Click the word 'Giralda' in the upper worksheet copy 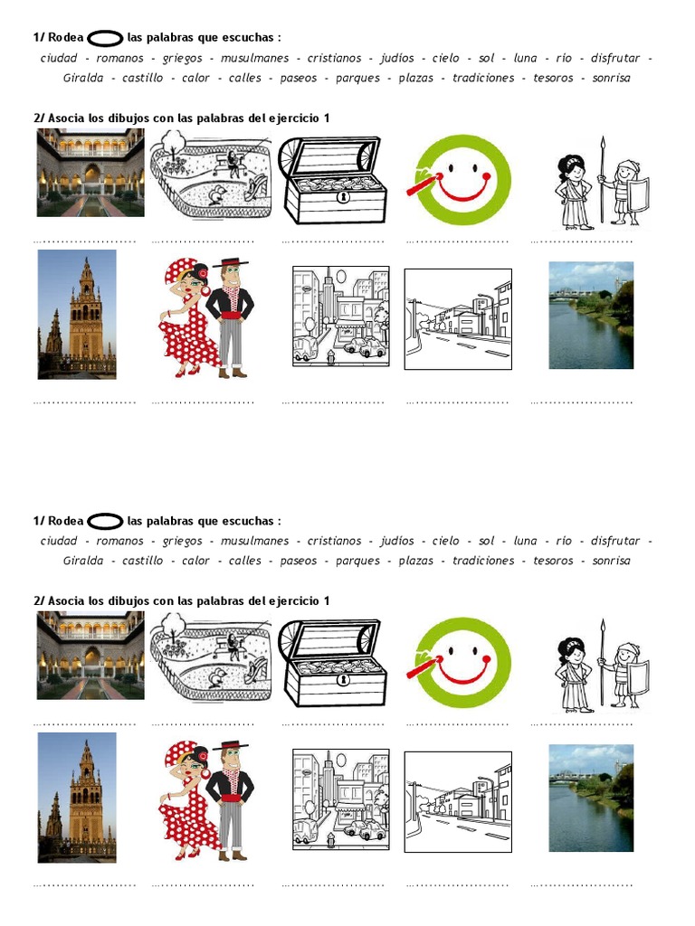[x=82, y=78]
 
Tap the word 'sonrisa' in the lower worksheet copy [x=611, y=561]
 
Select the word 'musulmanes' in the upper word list [x=254, y=58]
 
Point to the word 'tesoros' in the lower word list [x=553, y=561]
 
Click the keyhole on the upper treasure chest [x=342, y=196]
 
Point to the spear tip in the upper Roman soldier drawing [x=603, y=143]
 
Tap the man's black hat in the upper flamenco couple [x=230, y=263]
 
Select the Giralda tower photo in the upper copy [x=77, y=314]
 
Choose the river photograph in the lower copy [x=591, y=798]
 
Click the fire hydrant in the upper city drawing [x=331, y=356]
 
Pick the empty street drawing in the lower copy [x=458, y=802]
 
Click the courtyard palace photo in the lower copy [x=90, y=656]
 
